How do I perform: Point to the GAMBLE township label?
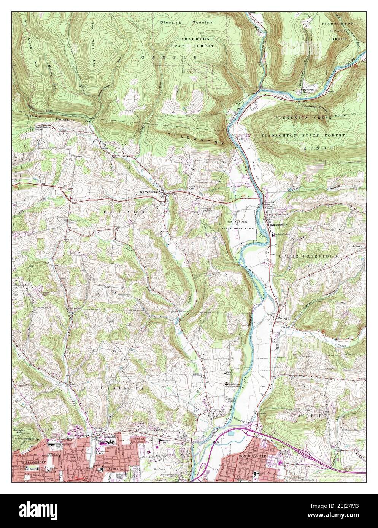[x=169, y=57]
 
